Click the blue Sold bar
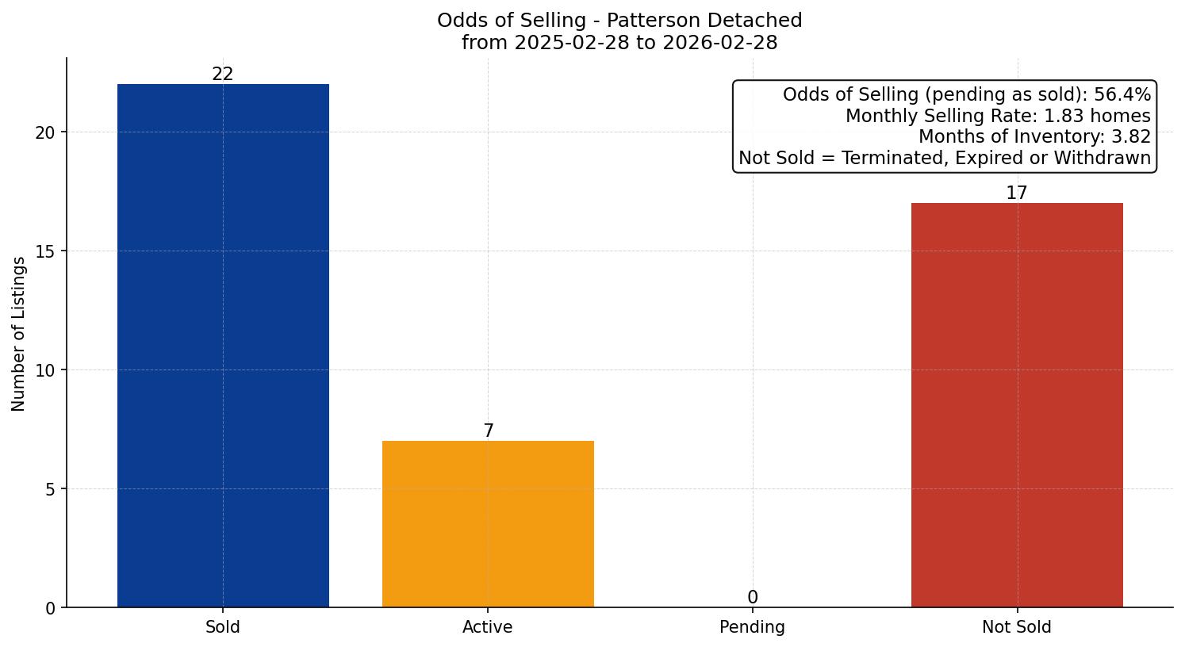click(x=223, y=346)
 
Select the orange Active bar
click(x=488, y=524)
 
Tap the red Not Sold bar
click(x=1017, y=405)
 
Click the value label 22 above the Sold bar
click(x=223, y=75)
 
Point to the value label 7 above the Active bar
click(x=489, y=431)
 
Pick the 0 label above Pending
click(x=753, y=598)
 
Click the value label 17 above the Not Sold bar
click(x=1017, y=193)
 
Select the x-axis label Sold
click(x=223, y=627)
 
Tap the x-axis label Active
click(x=488, y=627)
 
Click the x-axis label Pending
click(x=752, y=627)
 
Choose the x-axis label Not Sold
click(x=1017, y=627)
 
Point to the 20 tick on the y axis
click(x=45, y=132)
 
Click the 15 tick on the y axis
click(x=45, y=251)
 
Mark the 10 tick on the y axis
click(x=45, y=370)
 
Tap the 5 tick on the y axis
click(x=50, y=489)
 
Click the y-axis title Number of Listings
click(x=19, y=334)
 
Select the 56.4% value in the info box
click(x=1122, y=95)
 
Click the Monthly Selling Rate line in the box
click(x=997, y=116)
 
